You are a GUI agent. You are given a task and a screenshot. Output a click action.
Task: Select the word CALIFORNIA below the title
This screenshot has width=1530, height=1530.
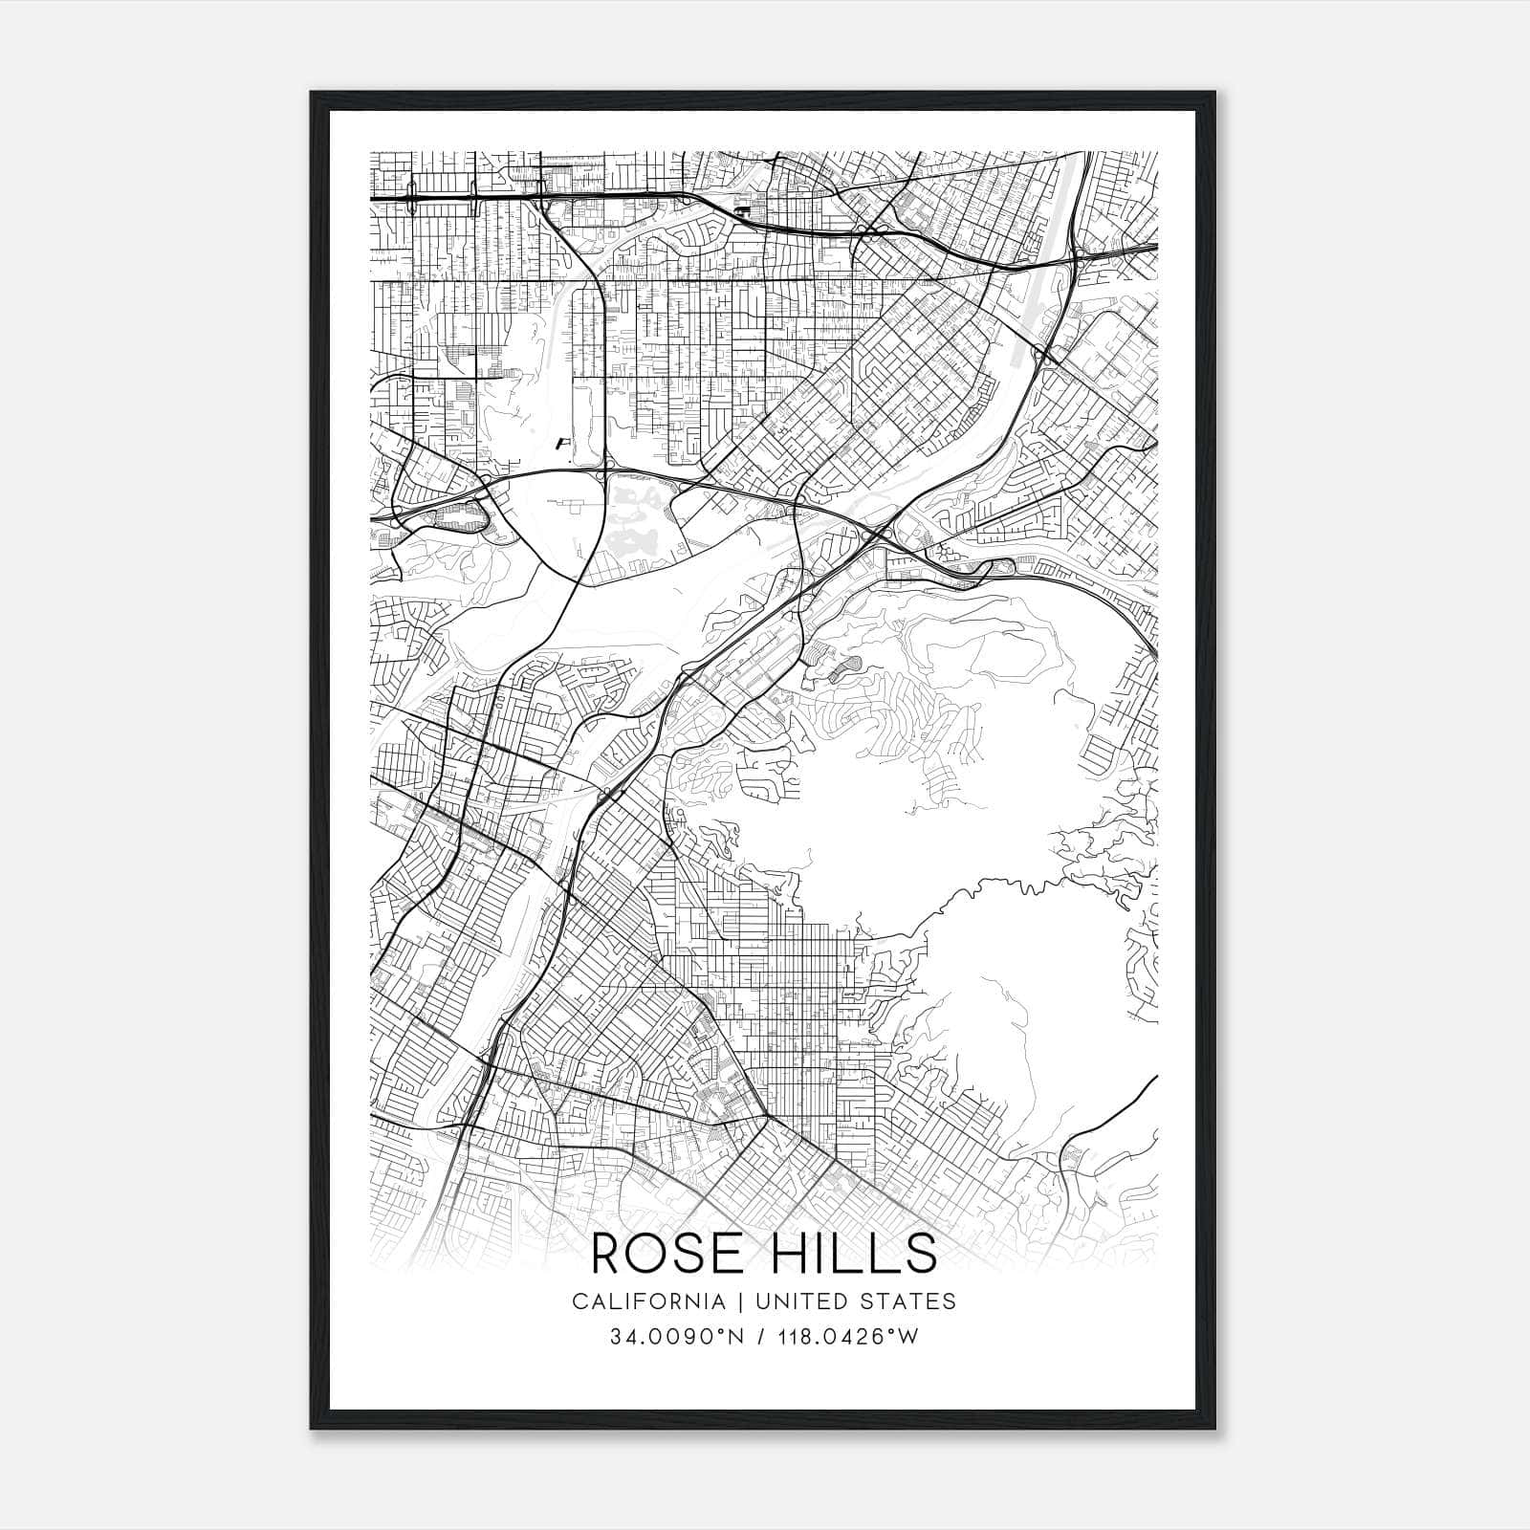(x=648, y=1301)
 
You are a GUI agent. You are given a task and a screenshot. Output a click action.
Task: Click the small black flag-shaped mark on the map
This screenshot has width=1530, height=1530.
(x=563, y=443)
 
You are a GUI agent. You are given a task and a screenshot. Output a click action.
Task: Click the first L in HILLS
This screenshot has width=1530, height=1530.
(x=854, y=1254)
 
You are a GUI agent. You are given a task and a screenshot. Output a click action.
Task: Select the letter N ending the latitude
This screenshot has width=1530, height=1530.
(x=736, y=1337)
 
